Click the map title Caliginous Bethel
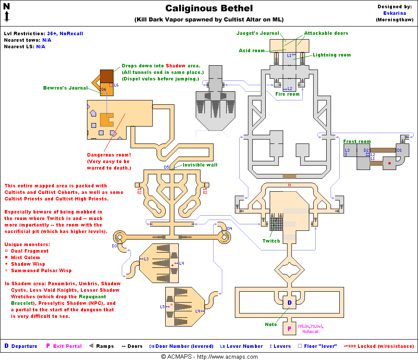[209, 8]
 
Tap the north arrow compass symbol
[7, 12]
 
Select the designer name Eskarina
[395, 13]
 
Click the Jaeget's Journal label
[257, 33]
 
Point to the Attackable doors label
[326, 33]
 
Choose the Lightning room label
[331, 55]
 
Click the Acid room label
[252, 51]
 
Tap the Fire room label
[288, 94]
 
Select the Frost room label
[357, 141]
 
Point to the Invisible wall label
[200, 165]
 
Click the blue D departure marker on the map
[289, 303]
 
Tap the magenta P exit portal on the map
[289, 328]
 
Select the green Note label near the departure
[271, 324]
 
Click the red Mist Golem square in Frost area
[389, 163]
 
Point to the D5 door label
[167, 167]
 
